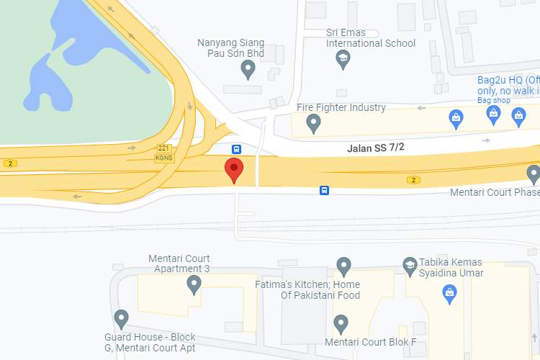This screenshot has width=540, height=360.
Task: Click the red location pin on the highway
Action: pyautogui.click(x=234, y=170)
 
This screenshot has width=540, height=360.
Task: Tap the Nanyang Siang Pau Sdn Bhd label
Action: pyautogui.click(x=231, y=48)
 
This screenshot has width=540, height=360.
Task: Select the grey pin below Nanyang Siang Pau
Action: pyautogui.click(x=248, y=69)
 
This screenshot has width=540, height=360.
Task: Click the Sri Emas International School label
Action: pyautogui.click(x=371, y=37)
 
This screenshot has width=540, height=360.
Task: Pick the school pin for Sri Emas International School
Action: pyautogui.click(x=343, y=59)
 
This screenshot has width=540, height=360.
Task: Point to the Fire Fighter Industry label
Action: pyautogui.click(x=341, y=107)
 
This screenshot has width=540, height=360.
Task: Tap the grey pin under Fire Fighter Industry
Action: pyautogui.click(x=313, y=124)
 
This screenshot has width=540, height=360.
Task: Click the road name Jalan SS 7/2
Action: pyautogui.click(x=376, y=148)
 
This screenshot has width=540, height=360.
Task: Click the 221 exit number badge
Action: pyautogui.click(x=163, y=148)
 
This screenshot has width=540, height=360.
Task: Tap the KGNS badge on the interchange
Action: pyautogui.click(x=163, y=158)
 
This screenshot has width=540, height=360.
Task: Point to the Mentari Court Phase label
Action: pyautogui.click(x=494, y=192)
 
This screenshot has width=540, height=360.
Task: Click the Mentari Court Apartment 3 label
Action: pyautogui.click(x=179, y=264)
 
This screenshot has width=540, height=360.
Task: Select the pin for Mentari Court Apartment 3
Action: pyautogui.click(x=194, y=285)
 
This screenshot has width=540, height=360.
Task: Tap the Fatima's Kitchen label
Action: pyautogui.click(x=308, y=289)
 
